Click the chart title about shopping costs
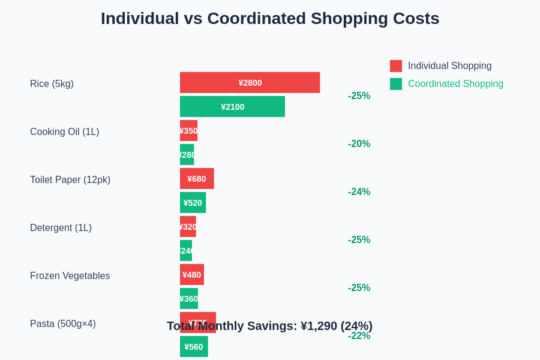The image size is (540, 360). point(270,19)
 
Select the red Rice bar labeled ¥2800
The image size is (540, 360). point(250,83)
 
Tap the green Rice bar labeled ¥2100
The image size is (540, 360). point(232,107)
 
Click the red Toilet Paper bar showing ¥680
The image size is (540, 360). point(197,179)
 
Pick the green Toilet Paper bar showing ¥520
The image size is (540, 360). point(193,203)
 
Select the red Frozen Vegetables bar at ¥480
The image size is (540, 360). point(192,275)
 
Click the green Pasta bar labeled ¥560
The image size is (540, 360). point(194,347)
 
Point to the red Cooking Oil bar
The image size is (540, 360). point(188,131)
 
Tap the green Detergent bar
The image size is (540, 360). point(186,251)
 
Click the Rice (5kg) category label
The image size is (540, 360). point(52,84)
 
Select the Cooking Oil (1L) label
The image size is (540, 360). point(64,132)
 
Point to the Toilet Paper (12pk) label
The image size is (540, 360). point(70,180)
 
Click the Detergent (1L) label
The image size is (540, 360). point(61,228)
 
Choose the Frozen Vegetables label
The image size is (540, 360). point(70,276)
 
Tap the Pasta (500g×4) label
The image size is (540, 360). point(63,324)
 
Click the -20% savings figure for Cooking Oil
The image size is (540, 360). point(359,144)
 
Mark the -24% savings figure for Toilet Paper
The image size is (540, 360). point(359,192)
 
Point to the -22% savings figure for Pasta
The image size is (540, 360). point(359,336)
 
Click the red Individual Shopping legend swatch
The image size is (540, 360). point(396,66)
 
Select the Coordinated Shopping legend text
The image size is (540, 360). point(455,84)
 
